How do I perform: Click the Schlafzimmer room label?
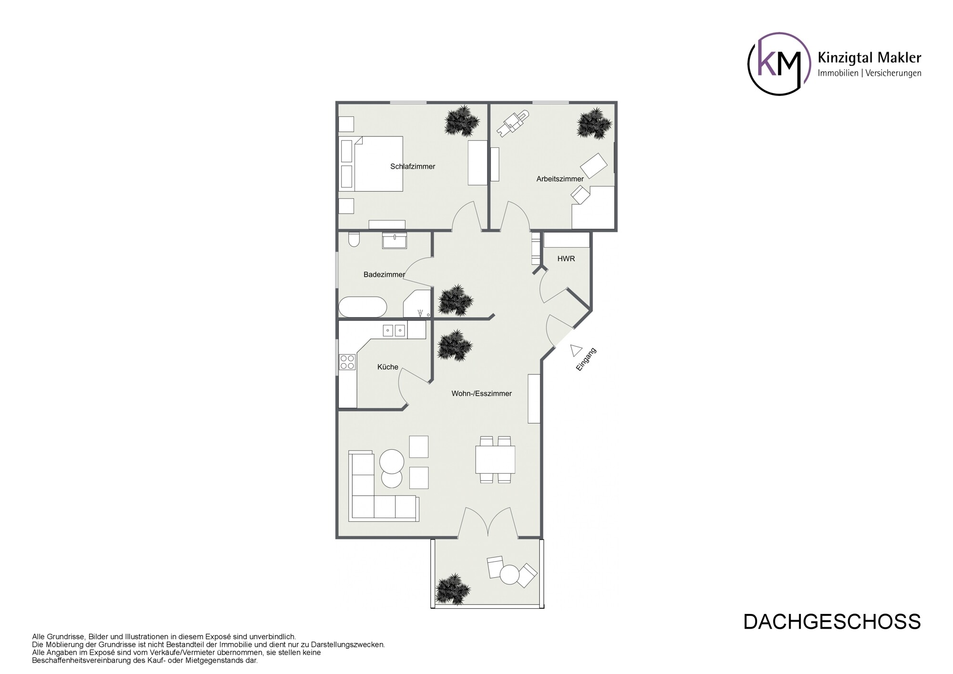coord(413,166)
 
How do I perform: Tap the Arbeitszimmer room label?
coord(560,179)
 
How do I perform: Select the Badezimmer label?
coord(384,275)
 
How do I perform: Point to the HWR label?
coord(566,259)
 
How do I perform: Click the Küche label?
coord(388,367)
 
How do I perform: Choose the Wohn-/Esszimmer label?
coord(482,394)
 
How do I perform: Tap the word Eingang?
coord(587,360)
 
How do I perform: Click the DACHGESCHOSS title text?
coord(832,622)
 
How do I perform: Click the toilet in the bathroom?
coord(354,239)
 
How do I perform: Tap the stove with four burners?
coord(347,362)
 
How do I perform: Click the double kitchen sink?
coord(395,330)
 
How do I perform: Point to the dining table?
coord(495,459)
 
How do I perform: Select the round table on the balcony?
coord(509,574)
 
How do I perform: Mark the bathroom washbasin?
coord(395,241)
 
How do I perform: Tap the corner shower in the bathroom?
coord(417,303)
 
